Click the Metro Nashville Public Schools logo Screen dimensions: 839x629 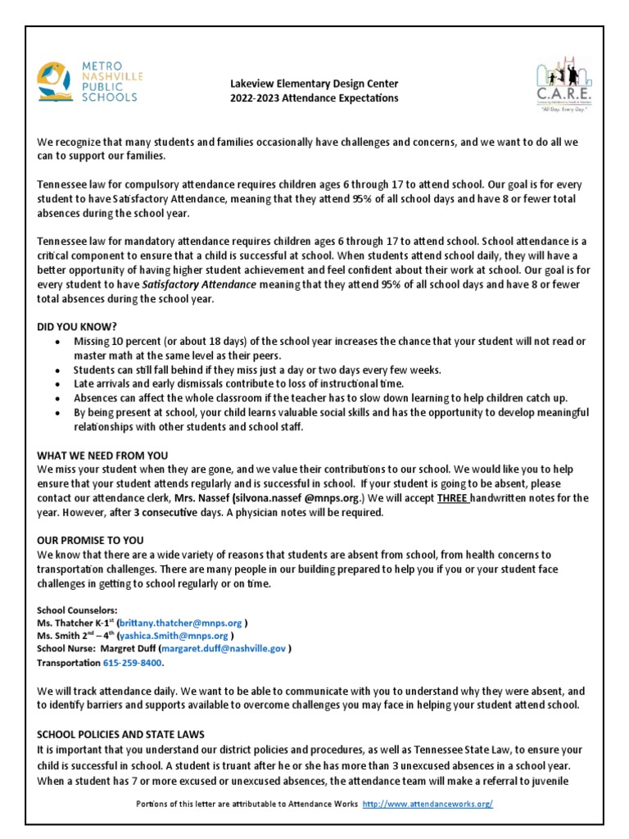click(x=88, y=84)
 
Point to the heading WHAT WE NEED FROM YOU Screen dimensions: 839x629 click(x=102, y=455)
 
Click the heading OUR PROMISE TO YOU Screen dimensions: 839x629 click(x=90, y=540)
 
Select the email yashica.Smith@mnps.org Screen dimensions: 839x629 click(x=174, y=636)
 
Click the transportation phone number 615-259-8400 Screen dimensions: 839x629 click(x=133, y=661)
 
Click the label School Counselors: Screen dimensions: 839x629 click(x=77, y=610)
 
